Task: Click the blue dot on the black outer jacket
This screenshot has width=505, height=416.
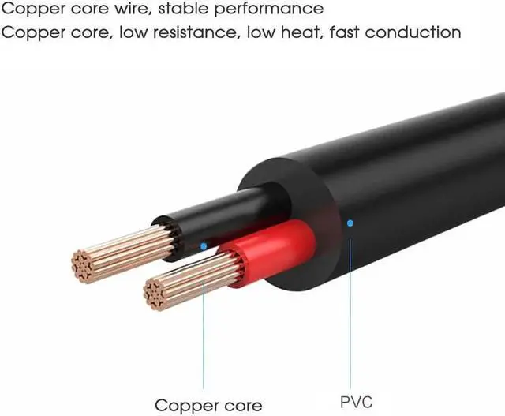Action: pos(350,223)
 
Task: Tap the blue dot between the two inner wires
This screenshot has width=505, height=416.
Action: pos(203,246)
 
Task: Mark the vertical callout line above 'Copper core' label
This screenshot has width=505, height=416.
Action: pos(203,316)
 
